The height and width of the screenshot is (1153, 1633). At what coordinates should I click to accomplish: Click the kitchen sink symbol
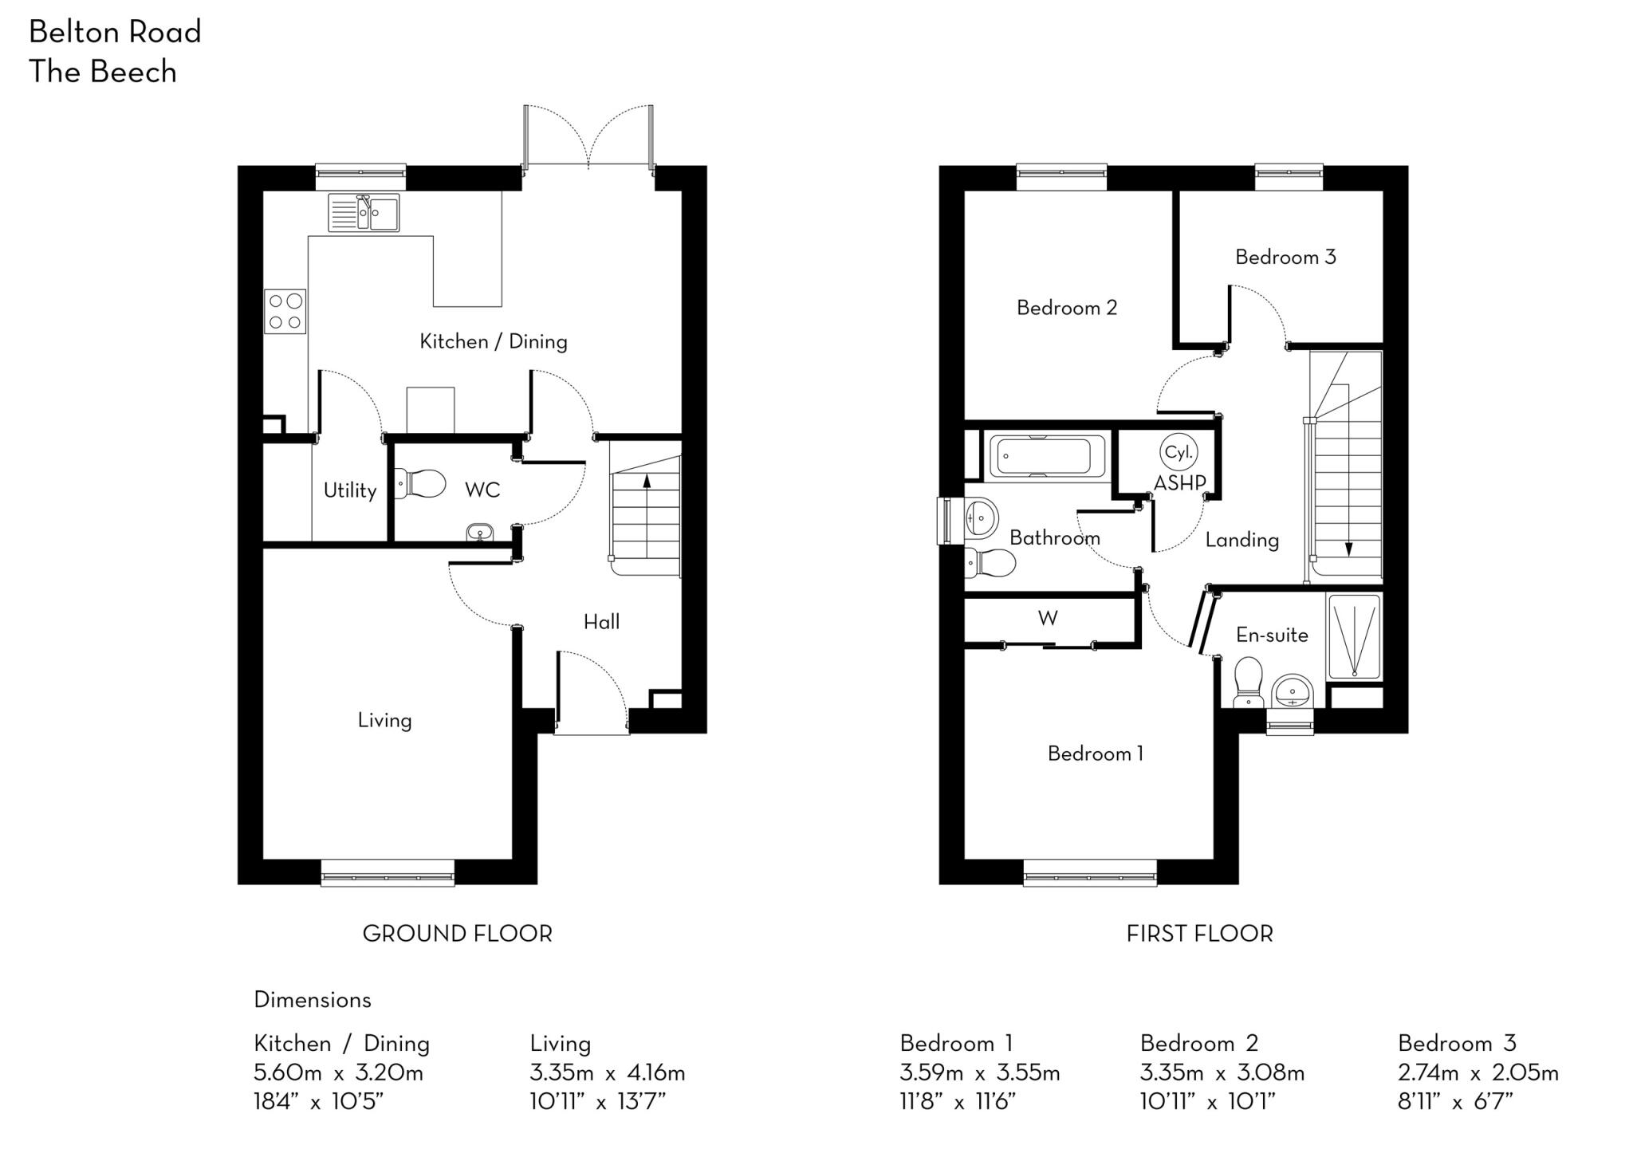point(364,213)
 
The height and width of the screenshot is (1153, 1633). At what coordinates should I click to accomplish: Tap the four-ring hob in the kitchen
point(285,312)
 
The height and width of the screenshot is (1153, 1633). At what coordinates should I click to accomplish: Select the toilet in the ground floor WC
point(420,483)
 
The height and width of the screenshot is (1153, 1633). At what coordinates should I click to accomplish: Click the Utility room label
point(349,490)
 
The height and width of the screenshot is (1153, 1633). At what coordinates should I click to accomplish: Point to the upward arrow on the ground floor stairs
point(647,481)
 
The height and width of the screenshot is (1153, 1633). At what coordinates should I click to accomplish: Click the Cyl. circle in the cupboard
point(1178,452)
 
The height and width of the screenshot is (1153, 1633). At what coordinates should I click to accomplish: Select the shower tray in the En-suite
point(1354,636)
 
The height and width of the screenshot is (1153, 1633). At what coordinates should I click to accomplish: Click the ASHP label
point(1179,482)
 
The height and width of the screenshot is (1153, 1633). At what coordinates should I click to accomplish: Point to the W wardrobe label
point(1048,618)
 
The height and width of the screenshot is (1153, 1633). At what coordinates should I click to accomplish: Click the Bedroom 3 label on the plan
point(1285,257)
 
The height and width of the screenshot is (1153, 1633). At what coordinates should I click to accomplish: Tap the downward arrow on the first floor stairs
point(1348,549)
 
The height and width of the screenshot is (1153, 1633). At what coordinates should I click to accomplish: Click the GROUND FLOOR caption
point(457,934)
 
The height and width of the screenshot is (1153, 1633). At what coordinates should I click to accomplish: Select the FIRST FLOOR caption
point(1199,934)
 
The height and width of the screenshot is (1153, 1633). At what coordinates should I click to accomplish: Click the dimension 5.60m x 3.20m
point(338,1072)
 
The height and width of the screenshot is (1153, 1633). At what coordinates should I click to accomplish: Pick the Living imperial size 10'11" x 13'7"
point(598,1102)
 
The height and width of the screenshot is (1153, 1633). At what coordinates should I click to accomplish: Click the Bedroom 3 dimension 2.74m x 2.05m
point(1478,1072)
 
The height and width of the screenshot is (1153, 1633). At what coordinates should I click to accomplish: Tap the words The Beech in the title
point(103,72)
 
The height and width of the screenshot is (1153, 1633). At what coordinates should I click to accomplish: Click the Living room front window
point(388,872)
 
